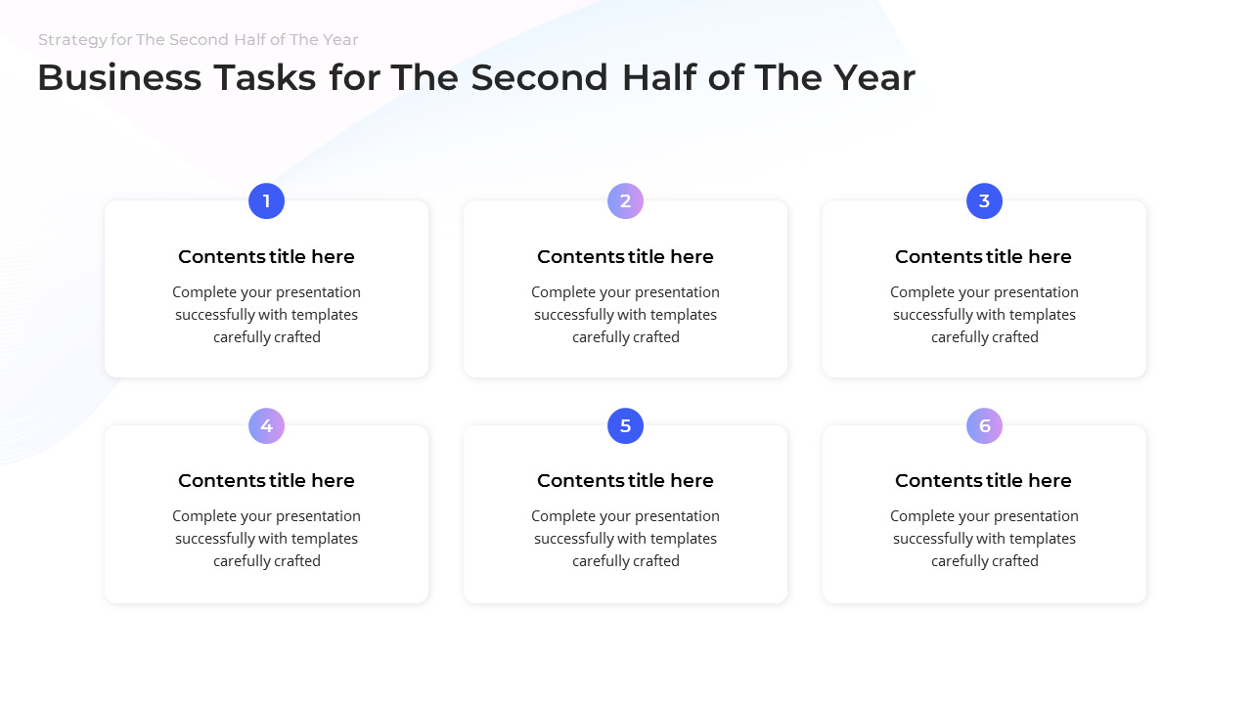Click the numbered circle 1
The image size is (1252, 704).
click(x=266, y=201)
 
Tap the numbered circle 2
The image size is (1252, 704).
click(x=625, y=201)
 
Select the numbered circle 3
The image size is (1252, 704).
click(x=984, y=201)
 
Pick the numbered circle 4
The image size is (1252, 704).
click(x=266, y=426)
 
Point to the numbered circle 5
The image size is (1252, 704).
click(x=625, y=426)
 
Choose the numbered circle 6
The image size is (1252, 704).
click(x=984, y=426)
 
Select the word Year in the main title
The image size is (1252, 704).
click(x=873, y=78)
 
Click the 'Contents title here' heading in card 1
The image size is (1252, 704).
click(x=266, y=257)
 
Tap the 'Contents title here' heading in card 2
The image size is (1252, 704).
click(x=625, y=257)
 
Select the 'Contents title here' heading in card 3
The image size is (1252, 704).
click(x=983, y=257)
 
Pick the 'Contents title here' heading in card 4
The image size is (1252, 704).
click(x=266, y=481)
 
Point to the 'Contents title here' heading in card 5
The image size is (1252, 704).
click(x=625, y=481)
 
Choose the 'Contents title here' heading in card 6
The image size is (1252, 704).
click(x=983, y=481)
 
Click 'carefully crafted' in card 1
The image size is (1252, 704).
click(x=267, y=337)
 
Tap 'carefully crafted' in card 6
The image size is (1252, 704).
click(x=985, y=561)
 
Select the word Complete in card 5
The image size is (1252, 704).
click(x=561, y=516)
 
